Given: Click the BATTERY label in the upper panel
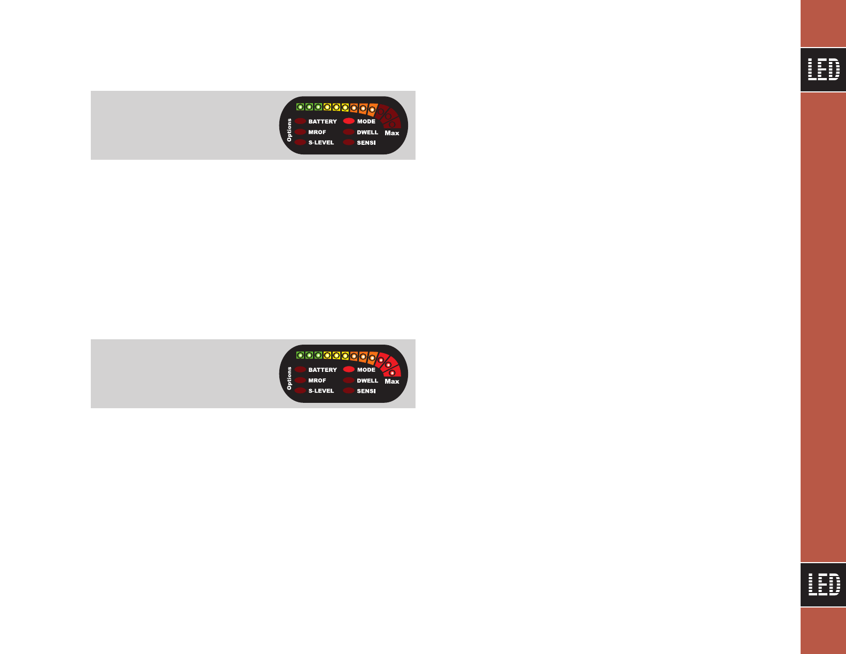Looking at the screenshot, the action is pyautogui.click(x=323, y=122).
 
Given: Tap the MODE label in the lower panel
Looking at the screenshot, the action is pyautogui.click(x=366, y=370).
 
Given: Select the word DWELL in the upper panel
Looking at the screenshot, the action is pyautogui.click(x=367, y=133).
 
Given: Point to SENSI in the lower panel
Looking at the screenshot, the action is pyautogui.click(x=366, y=391).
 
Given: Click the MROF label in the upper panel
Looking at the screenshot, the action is pyautogui.click(x=317, y=133).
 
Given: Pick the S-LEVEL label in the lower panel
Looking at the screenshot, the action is pyautogui.click(x=321, y=391).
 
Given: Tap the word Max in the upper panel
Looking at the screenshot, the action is pyautogui.click(x=392, y=133).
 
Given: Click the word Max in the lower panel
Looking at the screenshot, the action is pyautogui.click(x=392, y=381).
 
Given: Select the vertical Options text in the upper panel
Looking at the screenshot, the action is pyautogui.click(x=289, y=130).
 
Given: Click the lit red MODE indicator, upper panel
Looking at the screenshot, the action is pyautogui.click(x=349, y=121).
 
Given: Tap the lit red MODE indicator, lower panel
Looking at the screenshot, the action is pyautogui.click(x=349, y=370).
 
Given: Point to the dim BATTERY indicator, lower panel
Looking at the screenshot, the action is pyautogui.click(x=300, y=370).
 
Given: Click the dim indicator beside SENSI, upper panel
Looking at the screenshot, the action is pyautogui.click(x=349, y=143).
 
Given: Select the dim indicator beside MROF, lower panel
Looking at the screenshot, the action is pyautogui.click(x=300, y=380).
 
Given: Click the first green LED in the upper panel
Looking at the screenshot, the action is pyautogui.click(x=300, y=107).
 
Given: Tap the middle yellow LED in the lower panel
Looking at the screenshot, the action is pyautogui.click(x=336, y=355).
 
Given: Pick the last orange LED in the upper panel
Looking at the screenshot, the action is pyautogui.click(x=372, y=110).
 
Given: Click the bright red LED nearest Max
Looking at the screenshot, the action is pyautogui.click(x=393, y=372).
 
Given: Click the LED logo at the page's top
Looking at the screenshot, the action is pyautogui.click(x=823, y=69).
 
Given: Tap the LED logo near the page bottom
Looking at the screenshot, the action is pyautogui.click(x=823, y=585).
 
